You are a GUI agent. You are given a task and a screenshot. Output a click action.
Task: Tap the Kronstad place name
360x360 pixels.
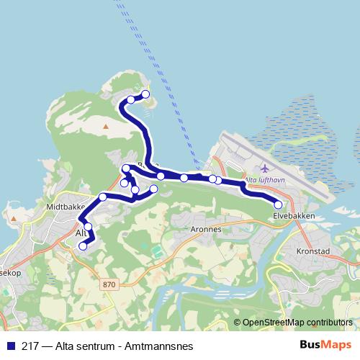coord(312,252)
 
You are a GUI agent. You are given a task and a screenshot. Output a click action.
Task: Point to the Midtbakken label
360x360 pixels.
coord(66,205)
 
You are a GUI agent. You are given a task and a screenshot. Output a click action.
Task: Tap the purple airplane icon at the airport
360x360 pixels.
coord(253,168)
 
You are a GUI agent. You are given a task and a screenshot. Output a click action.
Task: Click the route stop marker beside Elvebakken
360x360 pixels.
coord(279,205)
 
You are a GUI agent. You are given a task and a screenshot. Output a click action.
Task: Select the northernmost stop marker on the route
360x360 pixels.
coord(145,94)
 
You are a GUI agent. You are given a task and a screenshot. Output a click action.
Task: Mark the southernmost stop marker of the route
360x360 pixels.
coord(82,246)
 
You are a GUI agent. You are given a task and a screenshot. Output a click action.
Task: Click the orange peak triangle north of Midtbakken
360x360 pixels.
coord(106,127)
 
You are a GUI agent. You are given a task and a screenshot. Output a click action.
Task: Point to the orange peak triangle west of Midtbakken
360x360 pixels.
coord(12,215)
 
